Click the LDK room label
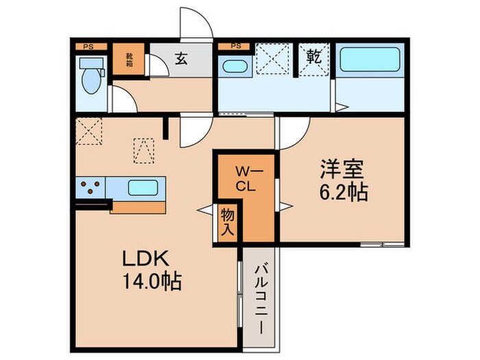[x=146, y=259]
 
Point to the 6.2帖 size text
[x=342, y=192]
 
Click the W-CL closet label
[x=246, y=177]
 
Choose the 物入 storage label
[x=227, y=221]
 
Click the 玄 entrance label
[x=180, y=60]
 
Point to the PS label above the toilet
[x=88, y=47]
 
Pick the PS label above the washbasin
[x=236, y=47]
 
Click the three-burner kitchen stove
[x=91, y=187]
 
